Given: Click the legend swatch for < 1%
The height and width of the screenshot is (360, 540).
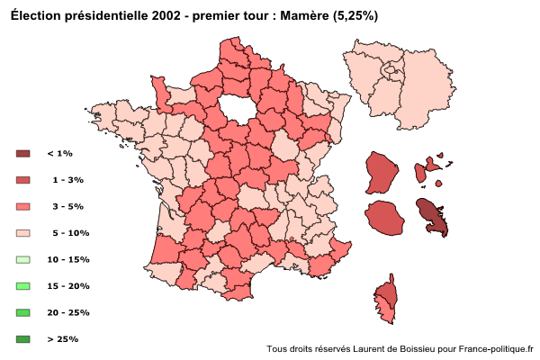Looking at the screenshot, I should (23, 154).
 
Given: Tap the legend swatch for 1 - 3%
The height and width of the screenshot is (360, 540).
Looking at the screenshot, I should (23, 180).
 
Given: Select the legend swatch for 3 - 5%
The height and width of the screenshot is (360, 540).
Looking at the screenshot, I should (23, 207).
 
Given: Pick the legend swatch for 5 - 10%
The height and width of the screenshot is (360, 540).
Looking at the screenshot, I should (23, 233).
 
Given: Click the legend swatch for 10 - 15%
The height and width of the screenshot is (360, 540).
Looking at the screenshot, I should (23, 260).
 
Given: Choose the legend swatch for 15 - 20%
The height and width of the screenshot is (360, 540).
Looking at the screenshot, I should (23, 286).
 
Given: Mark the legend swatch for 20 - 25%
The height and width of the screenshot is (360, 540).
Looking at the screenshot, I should (23, 313).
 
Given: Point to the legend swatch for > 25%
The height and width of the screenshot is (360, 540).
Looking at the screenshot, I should (23, 339).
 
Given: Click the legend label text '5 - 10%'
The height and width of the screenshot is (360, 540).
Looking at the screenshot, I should (71, 233).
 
